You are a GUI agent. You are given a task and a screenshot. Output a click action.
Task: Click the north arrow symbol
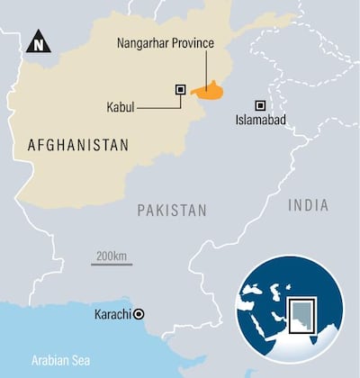(x=38, y=40)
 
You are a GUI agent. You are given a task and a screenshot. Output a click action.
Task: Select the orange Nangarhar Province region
(x=211, y=90)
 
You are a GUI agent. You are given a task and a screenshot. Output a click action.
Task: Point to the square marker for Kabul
(x=180, y=89)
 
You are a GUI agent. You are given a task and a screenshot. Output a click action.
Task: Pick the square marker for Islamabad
(x=260, y=104)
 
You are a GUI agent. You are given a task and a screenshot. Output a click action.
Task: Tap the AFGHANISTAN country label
(x=78, y=144)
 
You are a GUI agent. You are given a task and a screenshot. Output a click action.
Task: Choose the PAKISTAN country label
(x=172, y=210)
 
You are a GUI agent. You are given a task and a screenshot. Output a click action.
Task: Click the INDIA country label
(x=308, y=206)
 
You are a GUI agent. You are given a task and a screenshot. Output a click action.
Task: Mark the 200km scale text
(x=111, y=256)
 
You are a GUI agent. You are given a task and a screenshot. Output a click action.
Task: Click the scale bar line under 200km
(x=112, y=265)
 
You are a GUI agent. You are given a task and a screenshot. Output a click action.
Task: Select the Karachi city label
(x=112, y=315)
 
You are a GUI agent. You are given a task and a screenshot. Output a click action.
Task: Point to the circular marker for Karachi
(x=139, y=315)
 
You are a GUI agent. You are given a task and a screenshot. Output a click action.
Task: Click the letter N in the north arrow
(x=38, y=42)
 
